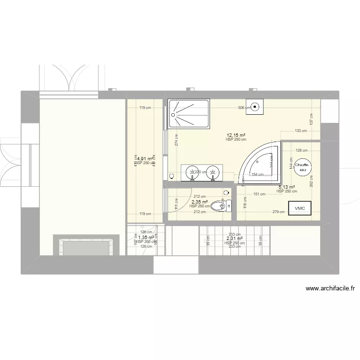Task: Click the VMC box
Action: click(300, 208)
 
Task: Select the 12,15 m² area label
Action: click(236, 135)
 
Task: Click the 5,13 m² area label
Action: click(287, 187)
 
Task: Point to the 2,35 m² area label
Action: click(200, 202)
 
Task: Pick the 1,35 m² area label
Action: click(146, 237)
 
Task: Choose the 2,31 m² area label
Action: click(234, 239)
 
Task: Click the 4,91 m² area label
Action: click(145, 158)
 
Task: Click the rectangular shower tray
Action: click(189, 114)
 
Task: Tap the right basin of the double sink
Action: click(212, 171)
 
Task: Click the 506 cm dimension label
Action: click(244, 108)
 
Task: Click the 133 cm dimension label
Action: click(301, 131)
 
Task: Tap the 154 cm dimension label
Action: click(258, 174)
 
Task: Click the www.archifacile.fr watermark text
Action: click(330, 289)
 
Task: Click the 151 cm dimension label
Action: click(259, 194)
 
